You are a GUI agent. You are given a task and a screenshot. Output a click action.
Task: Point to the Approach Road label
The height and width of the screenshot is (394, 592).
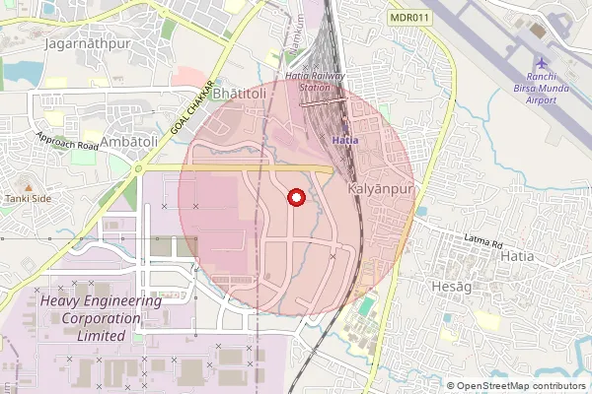(x=67, y=143)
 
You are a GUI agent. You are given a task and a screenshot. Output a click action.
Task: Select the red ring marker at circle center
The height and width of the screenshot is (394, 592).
(x=295, y=198)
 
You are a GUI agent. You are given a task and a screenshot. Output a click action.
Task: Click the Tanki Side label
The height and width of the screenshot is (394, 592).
(x=28, y=198)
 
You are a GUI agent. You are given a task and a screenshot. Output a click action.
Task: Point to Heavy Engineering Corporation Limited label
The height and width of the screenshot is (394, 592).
(x=89, y=318)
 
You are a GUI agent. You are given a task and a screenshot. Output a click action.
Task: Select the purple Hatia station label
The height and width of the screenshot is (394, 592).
(x=344, y=141)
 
